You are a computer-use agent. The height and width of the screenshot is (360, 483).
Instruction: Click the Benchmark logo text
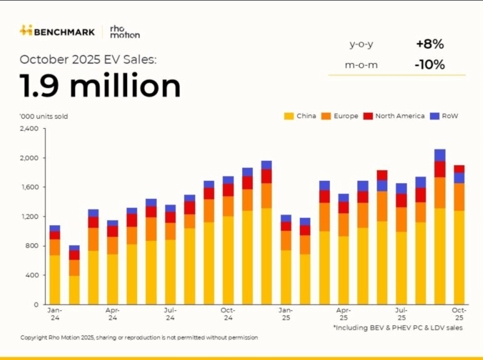[x=64, y=32]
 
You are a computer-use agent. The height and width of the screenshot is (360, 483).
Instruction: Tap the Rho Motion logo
[x=125, y=32]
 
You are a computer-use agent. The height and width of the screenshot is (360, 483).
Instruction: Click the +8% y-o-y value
[x=430, y=44]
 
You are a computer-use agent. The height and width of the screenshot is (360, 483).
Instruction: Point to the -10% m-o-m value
[x=430, y=65]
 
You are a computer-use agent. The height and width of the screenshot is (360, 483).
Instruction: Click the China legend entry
[x=300, y=116]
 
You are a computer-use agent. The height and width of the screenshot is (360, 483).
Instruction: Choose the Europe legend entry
[x=340, y=116]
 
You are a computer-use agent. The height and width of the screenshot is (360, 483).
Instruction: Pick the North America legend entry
[x=394, y=116]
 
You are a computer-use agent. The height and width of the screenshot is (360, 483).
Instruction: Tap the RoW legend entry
[x=443, y=116]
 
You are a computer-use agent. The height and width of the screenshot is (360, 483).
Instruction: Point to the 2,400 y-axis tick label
[x=29, y=129]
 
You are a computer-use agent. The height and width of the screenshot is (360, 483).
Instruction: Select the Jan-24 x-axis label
[x=55, y=314]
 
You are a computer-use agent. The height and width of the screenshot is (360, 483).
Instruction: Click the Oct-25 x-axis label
[x=459, y=314]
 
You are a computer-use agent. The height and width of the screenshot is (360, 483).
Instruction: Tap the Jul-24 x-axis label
[x=170, y=314]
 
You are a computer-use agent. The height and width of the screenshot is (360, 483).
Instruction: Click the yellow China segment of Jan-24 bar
[x=55, y=280]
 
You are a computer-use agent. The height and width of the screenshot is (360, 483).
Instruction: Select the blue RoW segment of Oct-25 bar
[x=459, y=178]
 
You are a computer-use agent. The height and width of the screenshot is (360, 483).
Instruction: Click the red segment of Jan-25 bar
[x=286, y=226]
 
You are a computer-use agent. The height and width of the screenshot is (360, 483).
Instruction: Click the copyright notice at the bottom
[x=139, y=338]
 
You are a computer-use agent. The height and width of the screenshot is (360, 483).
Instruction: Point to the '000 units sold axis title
[x=44, y=116]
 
